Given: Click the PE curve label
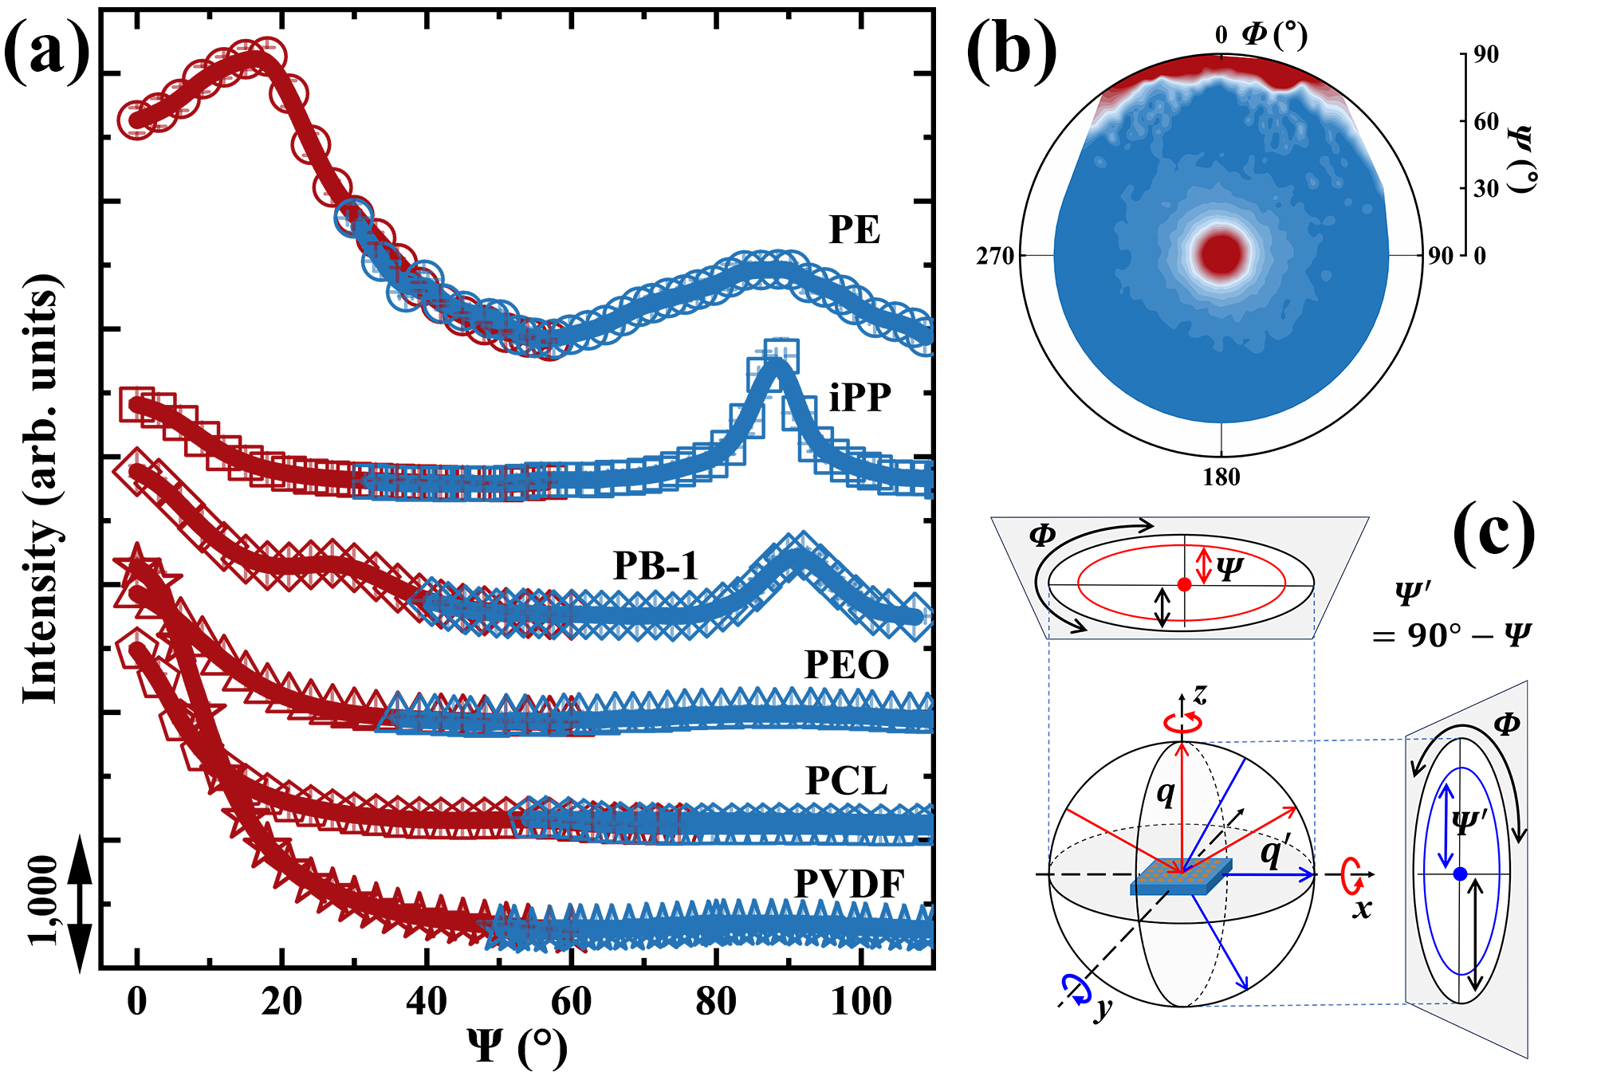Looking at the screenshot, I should [854, 230].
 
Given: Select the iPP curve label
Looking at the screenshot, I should [860, 397].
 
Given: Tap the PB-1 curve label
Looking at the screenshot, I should [655, 566].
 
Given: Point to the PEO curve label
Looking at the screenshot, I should [846, 665].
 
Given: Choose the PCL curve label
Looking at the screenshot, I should [846, 781].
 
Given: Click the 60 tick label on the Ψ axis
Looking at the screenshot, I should [571, 1001].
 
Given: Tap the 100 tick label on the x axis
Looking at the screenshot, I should [861, 1001].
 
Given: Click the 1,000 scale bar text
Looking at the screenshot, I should [44, 901].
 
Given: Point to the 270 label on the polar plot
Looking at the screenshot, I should [994, 257].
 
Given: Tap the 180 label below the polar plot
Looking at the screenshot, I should [1221, 477].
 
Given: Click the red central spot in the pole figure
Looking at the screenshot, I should [1221, 253].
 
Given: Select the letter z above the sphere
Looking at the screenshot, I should [1200, 695].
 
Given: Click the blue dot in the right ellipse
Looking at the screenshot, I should [1460, 874].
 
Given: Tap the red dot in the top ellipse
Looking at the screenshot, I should [1184, 584].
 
